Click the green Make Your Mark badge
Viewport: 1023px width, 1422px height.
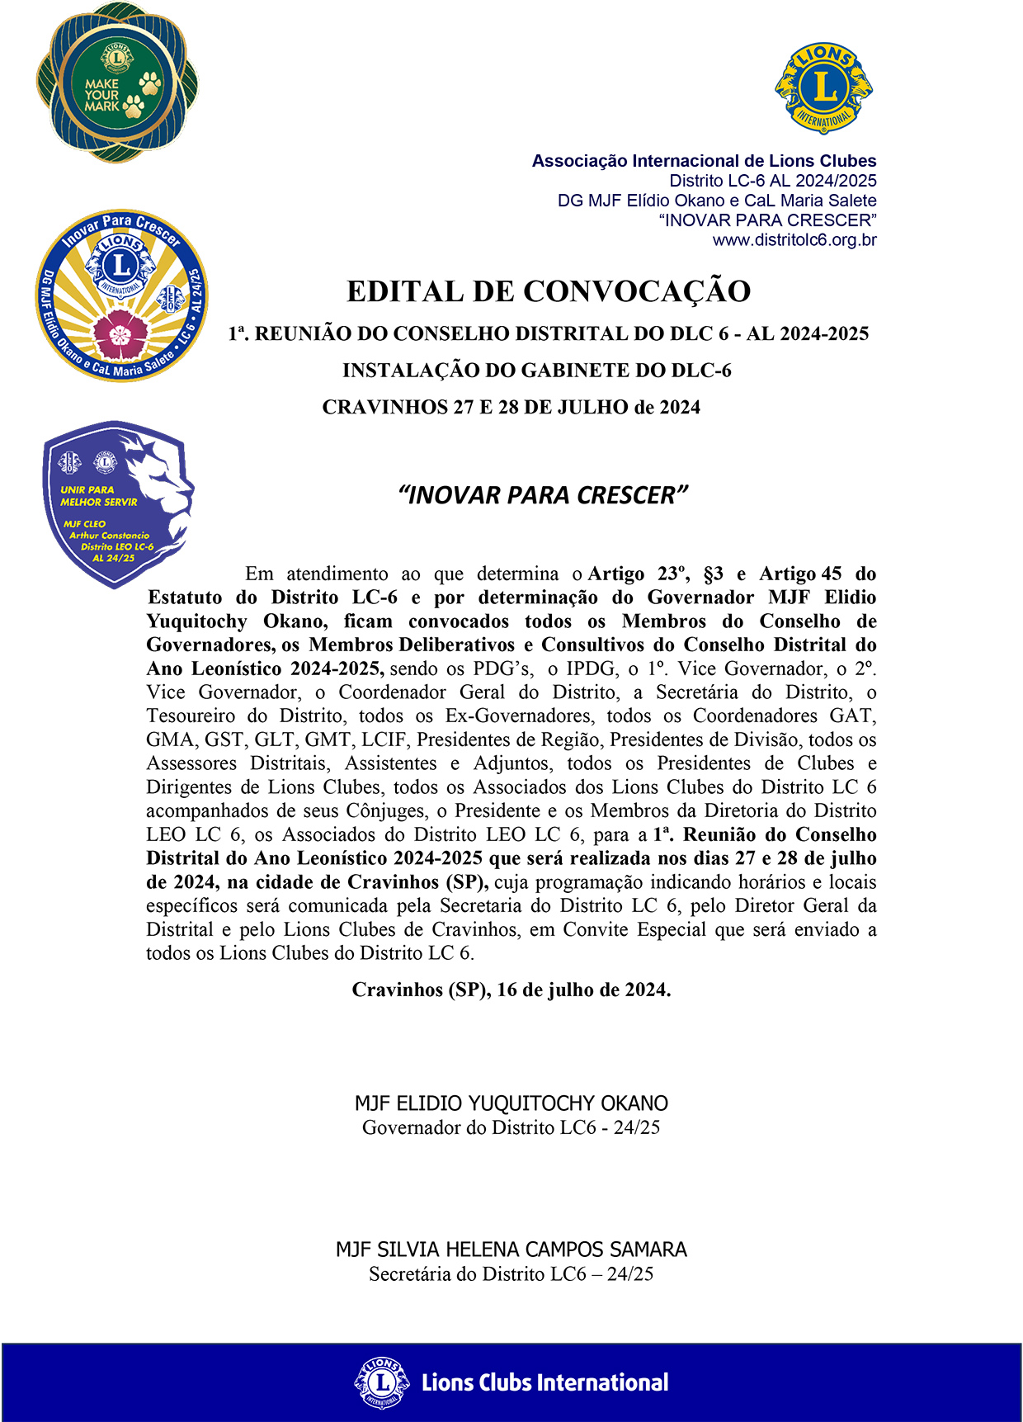click(117, 83)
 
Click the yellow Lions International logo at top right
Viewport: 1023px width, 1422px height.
click(823, 88)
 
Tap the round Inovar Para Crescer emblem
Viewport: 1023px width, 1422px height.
click(122, 295)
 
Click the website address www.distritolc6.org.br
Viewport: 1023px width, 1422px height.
click(794, 240)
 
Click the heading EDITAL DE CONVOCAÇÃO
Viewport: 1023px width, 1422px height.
click(549, 291)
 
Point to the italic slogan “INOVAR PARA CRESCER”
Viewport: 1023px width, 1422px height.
click(543, 495)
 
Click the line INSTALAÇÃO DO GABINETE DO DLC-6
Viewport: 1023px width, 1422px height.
click(537, 371)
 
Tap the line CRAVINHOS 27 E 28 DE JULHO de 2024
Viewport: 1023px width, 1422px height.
click(511, 407)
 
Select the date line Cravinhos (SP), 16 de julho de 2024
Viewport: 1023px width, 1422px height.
click(511, 990)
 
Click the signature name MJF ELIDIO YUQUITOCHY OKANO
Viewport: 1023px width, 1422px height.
click(511, 1103)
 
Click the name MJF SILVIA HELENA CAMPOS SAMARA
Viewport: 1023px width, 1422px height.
click(511, 1250)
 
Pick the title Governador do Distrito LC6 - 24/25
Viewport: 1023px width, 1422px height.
click(511, 1127)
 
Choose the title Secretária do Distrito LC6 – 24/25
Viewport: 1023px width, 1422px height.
click(511, 1274)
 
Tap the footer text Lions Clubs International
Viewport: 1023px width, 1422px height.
click(544, 1382)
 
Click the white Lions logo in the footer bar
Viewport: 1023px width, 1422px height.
click(382, 1382)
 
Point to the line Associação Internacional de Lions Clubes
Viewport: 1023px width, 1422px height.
click(704, 161)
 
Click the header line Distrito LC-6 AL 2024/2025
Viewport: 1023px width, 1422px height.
click(773, 181)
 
